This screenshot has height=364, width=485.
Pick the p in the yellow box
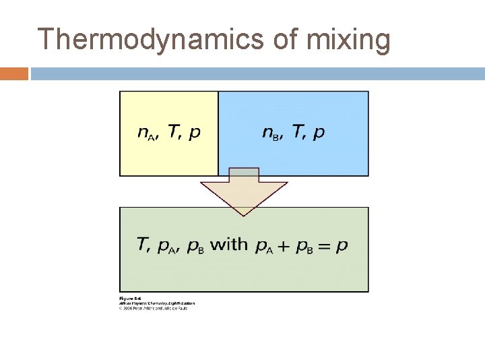pos(194,133)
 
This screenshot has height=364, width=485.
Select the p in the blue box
pos(319,133)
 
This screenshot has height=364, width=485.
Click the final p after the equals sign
pos(342,246)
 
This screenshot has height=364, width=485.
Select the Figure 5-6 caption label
pos(129,298)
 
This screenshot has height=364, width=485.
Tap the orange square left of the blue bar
pos(13,73)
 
